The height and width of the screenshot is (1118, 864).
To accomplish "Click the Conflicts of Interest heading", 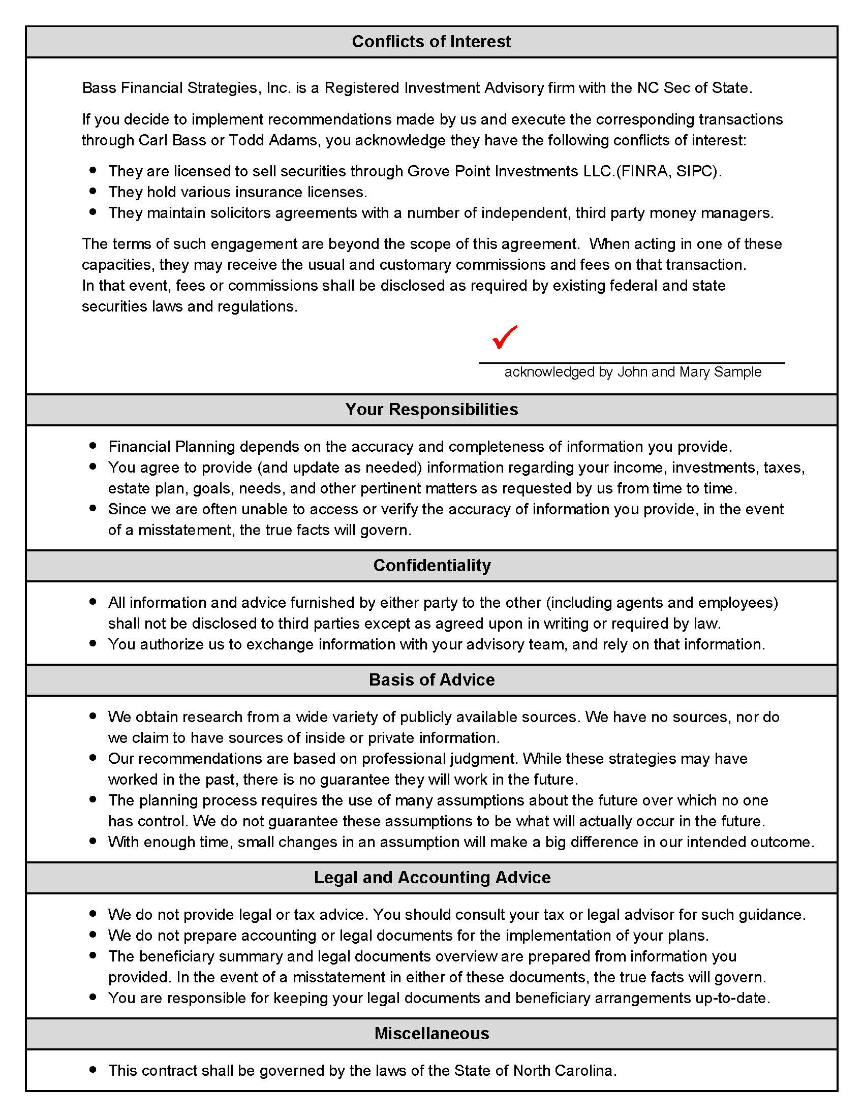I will coord(431,42).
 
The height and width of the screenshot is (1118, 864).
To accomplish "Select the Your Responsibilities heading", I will coord(431,410).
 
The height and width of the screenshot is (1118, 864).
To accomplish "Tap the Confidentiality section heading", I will coord(431,565).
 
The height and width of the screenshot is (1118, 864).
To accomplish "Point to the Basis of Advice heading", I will coord(431,679).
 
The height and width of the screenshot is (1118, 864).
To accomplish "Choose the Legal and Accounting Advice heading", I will coord(431,877).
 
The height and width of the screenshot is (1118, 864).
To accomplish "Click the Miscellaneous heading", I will coord(431,1033).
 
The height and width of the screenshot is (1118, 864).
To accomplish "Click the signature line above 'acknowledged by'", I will coord(632,363).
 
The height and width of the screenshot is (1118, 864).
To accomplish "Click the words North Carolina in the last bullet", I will coord(563,1070).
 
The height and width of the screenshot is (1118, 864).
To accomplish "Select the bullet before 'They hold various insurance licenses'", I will coord(92,192).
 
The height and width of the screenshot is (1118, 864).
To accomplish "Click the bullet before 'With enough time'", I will coord(92,841).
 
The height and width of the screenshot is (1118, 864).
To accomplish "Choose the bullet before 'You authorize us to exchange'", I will coord(92,643).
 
